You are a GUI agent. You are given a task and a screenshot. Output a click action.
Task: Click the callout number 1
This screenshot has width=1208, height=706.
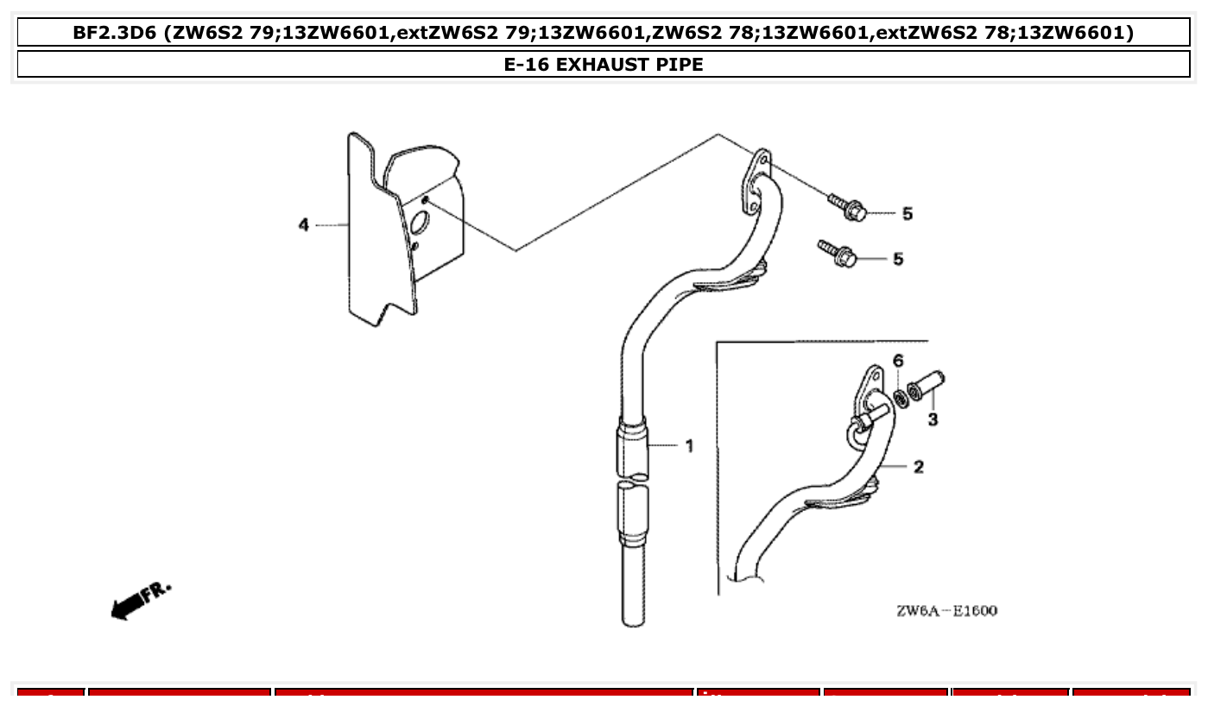689,446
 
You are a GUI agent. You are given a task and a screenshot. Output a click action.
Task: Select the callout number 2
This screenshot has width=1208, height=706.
918,467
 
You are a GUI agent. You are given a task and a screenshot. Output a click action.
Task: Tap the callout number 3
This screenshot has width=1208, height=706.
933,420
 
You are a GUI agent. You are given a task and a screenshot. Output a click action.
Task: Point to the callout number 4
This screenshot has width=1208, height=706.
303,225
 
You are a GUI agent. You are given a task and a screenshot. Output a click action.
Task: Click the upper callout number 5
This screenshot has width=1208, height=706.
907,214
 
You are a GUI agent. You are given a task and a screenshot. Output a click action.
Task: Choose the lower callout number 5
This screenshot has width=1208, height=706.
898,259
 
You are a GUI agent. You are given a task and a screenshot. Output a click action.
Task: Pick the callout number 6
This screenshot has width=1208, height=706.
898,360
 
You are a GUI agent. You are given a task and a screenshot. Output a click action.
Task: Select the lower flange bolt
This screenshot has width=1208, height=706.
838,254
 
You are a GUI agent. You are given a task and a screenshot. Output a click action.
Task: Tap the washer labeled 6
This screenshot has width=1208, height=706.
900,398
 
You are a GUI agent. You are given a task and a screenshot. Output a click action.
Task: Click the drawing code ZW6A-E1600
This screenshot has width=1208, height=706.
946,611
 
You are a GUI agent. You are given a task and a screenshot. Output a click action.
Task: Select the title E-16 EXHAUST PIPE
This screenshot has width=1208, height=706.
604,65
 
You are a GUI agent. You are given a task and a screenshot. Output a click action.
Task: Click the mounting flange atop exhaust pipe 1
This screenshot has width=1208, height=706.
756,182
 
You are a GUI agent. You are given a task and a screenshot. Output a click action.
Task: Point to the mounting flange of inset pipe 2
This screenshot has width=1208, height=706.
870,388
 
